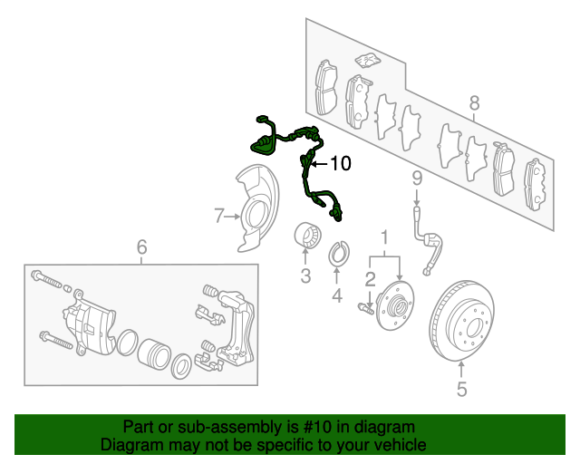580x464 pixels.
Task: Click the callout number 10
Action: click(x=341, y=163)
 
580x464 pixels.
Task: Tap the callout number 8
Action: click(x=474, y=103)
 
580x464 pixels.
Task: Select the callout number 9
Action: click(x=417, y=179)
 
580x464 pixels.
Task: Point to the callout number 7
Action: click(x=219, y=216)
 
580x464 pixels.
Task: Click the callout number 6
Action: click(x=141, y=246)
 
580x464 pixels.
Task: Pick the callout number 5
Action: click(x=461, y=389)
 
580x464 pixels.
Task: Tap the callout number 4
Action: click(x=336, y=295)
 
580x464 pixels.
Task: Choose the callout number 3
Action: click(x=305, y=275)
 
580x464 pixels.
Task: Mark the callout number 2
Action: click(x=370, y=279)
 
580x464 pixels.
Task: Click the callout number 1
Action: click(x=384, y=237)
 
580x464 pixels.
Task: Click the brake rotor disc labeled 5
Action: click(x=461, y=321)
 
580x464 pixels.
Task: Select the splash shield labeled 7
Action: click(x=257, y=208)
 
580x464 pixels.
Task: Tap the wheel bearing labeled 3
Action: click(x=307, y=236)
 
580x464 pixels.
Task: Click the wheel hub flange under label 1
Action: click(x=395, y=305)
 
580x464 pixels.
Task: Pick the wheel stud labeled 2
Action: click(x=366, y=308)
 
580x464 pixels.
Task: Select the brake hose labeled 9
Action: click(x=429, y=242)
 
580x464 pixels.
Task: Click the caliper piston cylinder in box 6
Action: click(x=154, y=354)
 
